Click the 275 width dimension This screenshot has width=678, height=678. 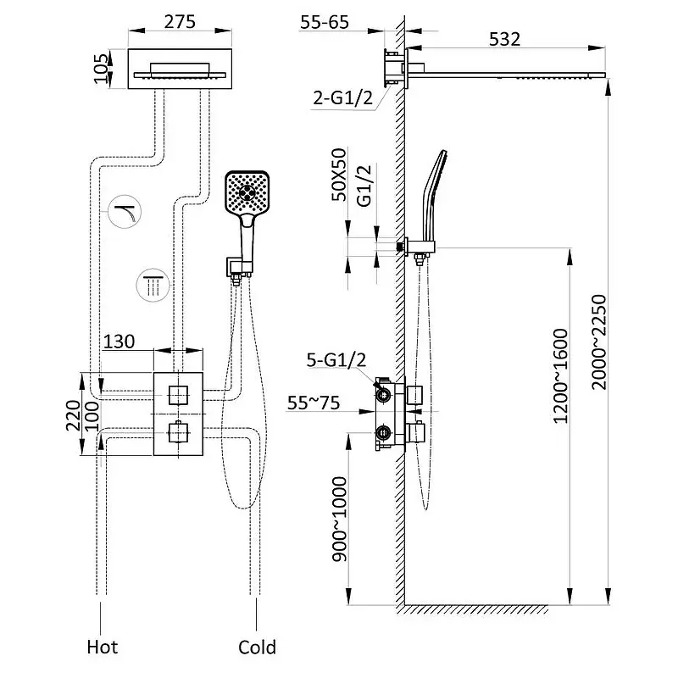click(x=180, y=22)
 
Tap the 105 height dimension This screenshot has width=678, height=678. click(x=101, y=69)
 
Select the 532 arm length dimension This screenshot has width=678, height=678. click(x=504, y=39)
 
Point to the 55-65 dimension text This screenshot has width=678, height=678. click(x=325, y=22)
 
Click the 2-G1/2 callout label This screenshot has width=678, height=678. click(x=343, y=98)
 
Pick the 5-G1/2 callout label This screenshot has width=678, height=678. click(x=336, y=359)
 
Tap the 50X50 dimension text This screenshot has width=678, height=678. click(x=339, y=175)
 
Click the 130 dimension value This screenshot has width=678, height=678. click(x=119, y=342)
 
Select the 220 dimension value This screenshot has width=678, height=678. click(x=73, y=415)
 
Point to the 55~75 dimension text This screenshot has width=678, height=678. click(x=314, y=403)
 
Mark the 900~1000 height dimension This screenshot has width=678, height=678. click(x=340, y=519)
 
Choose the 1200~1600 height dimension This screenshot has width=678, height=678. click(x=560, y=375)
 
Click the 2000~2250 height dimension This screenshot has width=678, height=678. click(x=599, y=342)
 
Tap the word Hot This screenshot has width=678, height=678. click(x=102, y=647)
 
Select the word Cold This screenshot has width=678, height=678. click(x=257, y=647)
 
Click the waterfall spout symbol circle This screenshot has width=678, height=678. click(x=125, y=211)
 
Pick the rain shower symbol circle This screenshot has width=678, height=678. click(x=153, y=286)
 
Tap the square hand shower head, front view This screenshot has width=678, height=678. click(x=247, y=192)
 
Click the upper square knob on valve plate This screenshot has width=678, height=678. click(x=177, y=394)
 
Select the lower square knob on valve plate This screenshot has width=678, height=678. click(x=177, y=431)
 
